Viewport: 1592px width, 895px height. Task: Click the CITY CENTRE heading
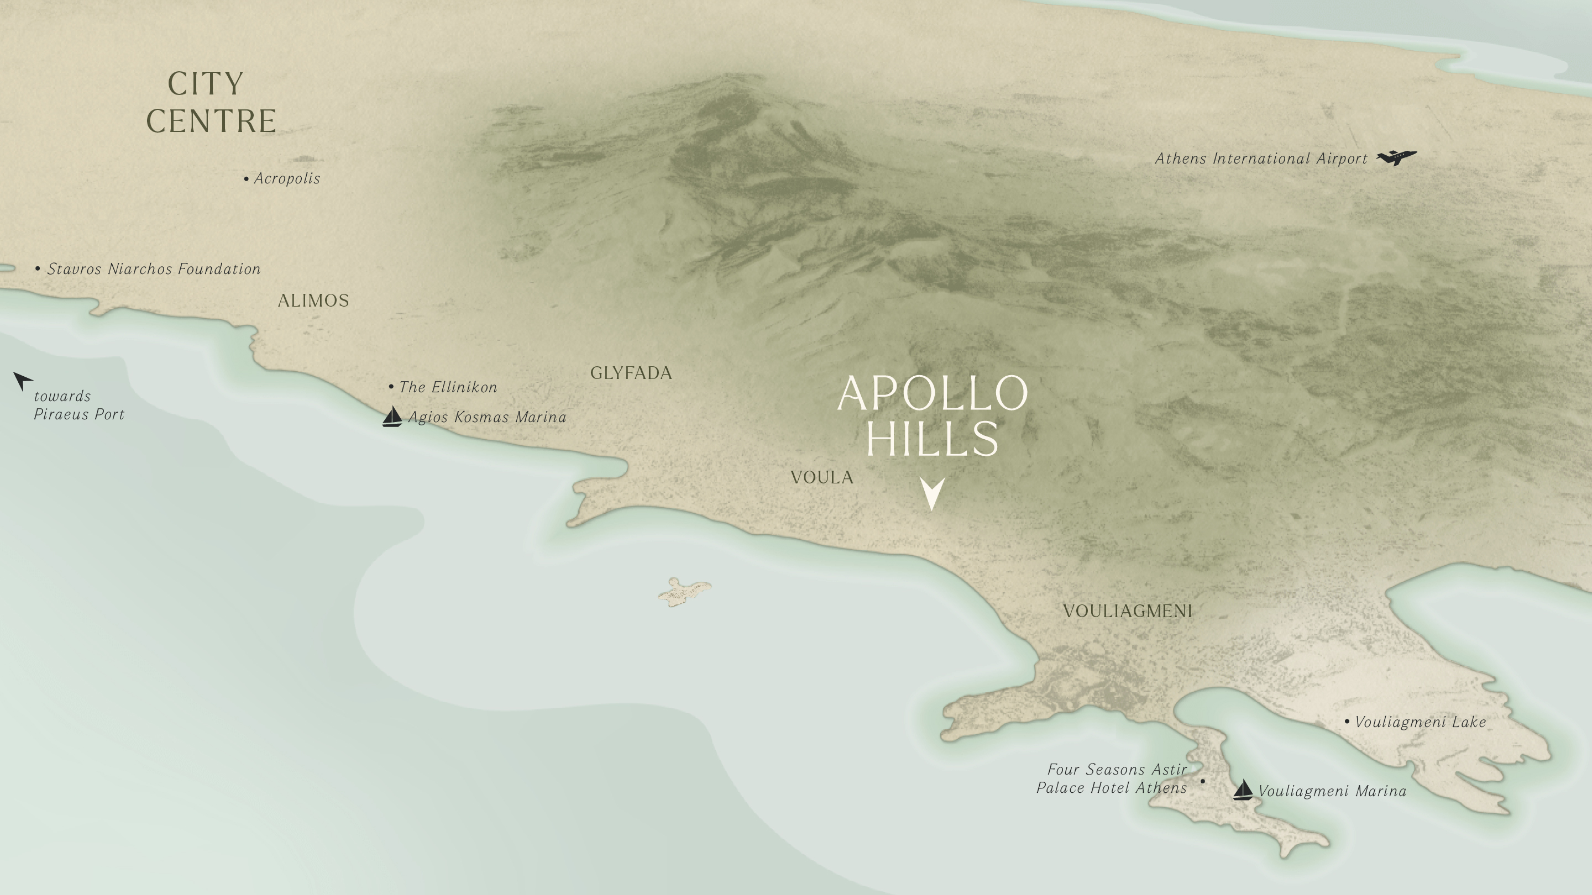click(211, 102)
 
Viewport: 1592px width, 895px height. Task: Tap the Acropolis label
click(286, 178)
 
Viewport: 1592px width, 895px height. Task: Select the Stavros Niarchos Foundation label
click(153, 268)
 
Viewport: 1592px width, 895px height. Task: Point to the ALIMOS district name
click(313, 301)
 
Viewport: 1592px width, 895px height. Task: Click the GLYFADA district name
click(631, 373)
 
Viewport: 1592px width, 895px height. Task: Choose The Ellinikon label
click(447, 387)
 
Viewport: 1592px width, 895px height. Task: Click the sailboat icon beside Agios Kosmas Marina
click(392, 417)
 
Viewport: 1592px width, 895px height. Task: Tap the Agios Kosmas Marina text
click(487, 418)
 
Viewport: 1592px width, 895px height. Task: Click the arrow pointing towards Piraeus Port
click(22, 381)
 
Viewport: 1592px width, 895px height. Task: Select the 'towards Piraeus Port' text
click(78, 405)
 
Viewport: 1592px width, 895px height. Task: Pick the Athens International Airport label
click(1261, 159)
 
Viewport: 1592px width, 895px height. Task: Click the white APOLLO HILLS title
click(932, 415)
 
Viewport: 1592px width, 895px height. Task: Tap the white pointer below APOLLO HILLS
click(932, 493)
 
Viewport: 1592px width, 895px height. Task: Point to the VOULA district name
click(821, 477)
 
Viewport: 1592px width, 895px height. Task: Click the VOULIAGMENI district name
click(1127, 611)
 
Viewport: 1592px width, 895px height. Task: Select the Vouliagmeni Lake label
click(1420, 722)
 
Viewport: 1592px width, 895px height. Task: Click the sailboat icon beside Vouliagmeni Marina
click(1242, 790)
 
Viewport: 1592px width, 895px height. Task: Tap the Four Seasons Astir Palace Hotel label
click(1112, 778)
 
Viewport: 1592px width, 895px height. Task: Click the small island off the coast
click(684, 592)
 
